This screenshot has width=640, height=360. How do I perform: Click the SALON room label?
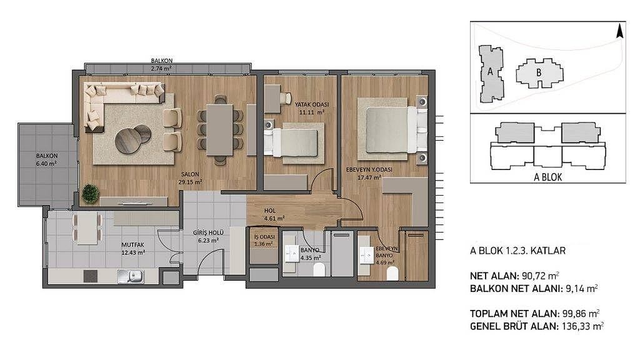coord(190,174)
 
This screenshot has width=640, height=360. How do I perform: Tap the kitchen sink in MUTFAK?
coord(131,277)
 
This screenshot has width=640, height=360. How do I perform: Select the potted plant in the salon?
coord(90,194)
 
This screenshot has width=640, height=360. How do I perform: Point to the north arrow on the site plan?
coord(619,31)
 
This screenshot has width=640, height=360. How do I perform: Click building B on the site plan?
coord(539,74)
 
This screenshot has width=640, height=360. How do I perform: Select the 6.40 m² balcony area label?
coord(46,163)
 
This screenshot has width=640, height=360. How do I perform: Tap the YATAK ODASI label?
coord(312,104)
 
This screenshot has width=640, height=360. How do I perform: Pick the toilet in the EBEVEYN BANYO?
coord(392,274)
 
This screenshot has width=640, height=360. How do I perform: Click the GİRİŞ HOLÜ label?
coord(208,233)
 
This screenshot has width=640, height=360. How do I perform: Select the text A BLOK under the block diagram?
coord(547,177)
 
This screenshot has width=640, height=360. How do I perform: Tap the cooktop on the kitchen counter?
coord(91,276)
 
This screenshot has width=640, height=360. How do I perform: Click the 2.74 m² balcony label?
coord(161,69)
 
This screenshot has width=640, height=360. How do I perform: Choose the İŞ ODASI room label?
coord(264,237)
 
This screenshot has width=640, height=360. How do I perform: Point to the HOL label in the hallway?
coord(270,211)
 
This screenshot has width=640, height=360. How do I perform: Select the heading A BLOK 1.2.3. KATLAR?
coord(517,251)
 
